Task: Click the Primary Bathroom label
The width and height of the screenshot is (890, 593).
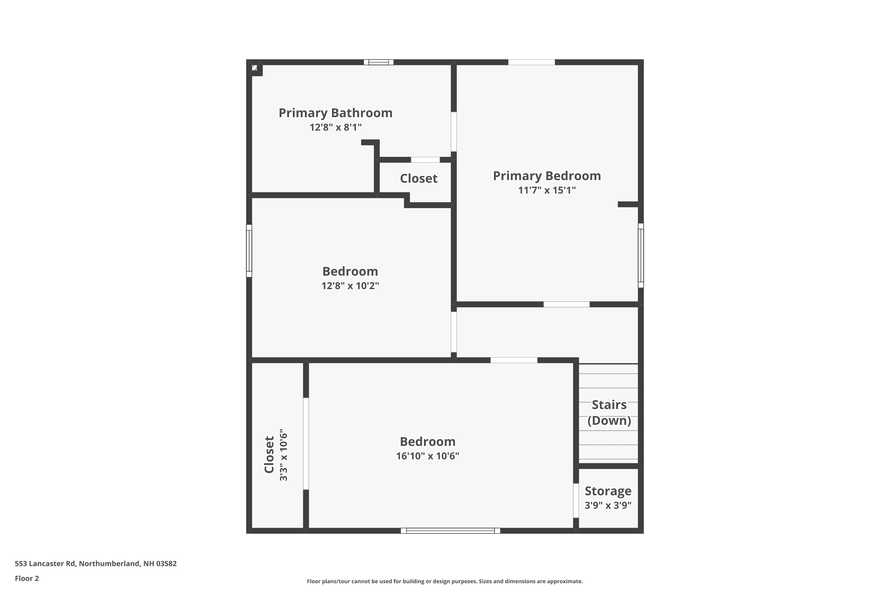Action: (x=335, y=113)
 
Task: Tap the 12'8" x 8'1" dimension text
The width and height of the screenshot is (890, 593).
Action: (x=335, y=127)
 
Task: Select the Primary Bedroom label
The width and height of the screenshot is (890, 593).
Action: (x=546, y=176)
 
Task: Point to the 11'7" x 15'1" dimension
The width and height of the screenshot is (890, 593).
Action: (x=546, y=190)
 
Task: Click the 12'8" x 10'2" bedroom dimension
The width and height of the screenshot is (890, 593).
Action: (x=350, y=286)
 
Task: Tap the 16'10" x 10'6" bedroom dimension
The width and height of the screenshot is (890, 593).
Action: (x=427, y=456)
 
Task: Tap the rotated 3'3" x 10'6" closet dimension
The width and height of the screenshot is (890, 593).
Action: (x=283, y=455)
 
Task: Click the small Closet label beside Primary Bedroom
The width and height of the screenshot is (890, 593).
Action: (x=419, y=178)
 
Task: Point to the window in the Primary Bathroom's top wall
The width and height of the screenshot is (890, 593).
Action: (x=379, y=62)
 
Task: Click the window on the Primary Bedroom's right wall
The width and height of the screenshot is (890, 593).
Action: (x=640, y=255)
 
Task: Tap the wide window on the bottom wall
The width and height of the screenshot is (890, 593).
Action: (x=450, y=531)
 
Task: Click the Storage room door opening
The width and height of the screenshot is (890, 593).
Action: (x=576, y=500)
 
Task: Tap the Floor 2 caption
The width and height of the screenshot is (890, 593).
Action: (x=27, y=578)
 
